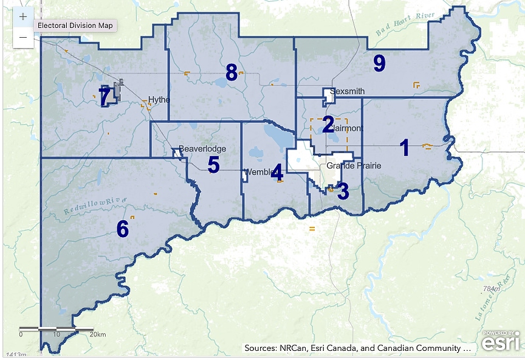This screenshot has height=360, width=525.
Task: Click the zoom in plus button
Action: (x=23, y=17)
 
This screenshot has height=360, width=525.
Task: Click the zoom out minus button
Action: (x=23, y=38)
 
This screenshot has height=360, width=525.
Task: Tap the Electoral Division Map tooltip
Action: (x=75, y=26)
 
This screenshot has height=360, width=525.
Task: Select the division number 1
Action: (x=404, y=148)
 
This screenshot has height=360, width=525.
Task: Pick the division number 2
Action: (x=328, y=125)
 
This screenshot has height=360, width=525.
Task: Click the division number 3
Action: (x=343, y=192)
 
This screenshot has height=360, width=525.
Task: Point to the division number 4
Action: (x=277, y=173)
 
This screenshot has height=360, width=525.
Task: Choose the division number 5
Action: (x=213, y=165)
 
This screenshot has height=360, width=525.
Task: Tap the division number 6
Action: (x=123, y=229)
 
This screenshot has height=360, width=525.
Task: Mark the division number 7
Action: (x=105, y=96)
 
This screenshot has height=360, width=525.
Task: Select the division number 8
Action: (x=231, y=72)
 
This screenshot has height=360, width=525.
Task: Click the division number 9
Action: (x=379, y=63)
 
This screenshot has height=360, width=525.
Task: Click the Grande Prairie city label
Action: (x=354, y=166)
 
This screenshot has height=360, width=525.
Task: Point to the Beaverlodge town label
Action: (x=202, y=149)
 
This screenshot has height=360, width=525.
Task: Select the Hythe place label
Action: (x=159, y=100)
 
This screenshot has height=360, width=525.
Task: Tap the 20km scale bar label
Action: (x=97, y=334)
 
